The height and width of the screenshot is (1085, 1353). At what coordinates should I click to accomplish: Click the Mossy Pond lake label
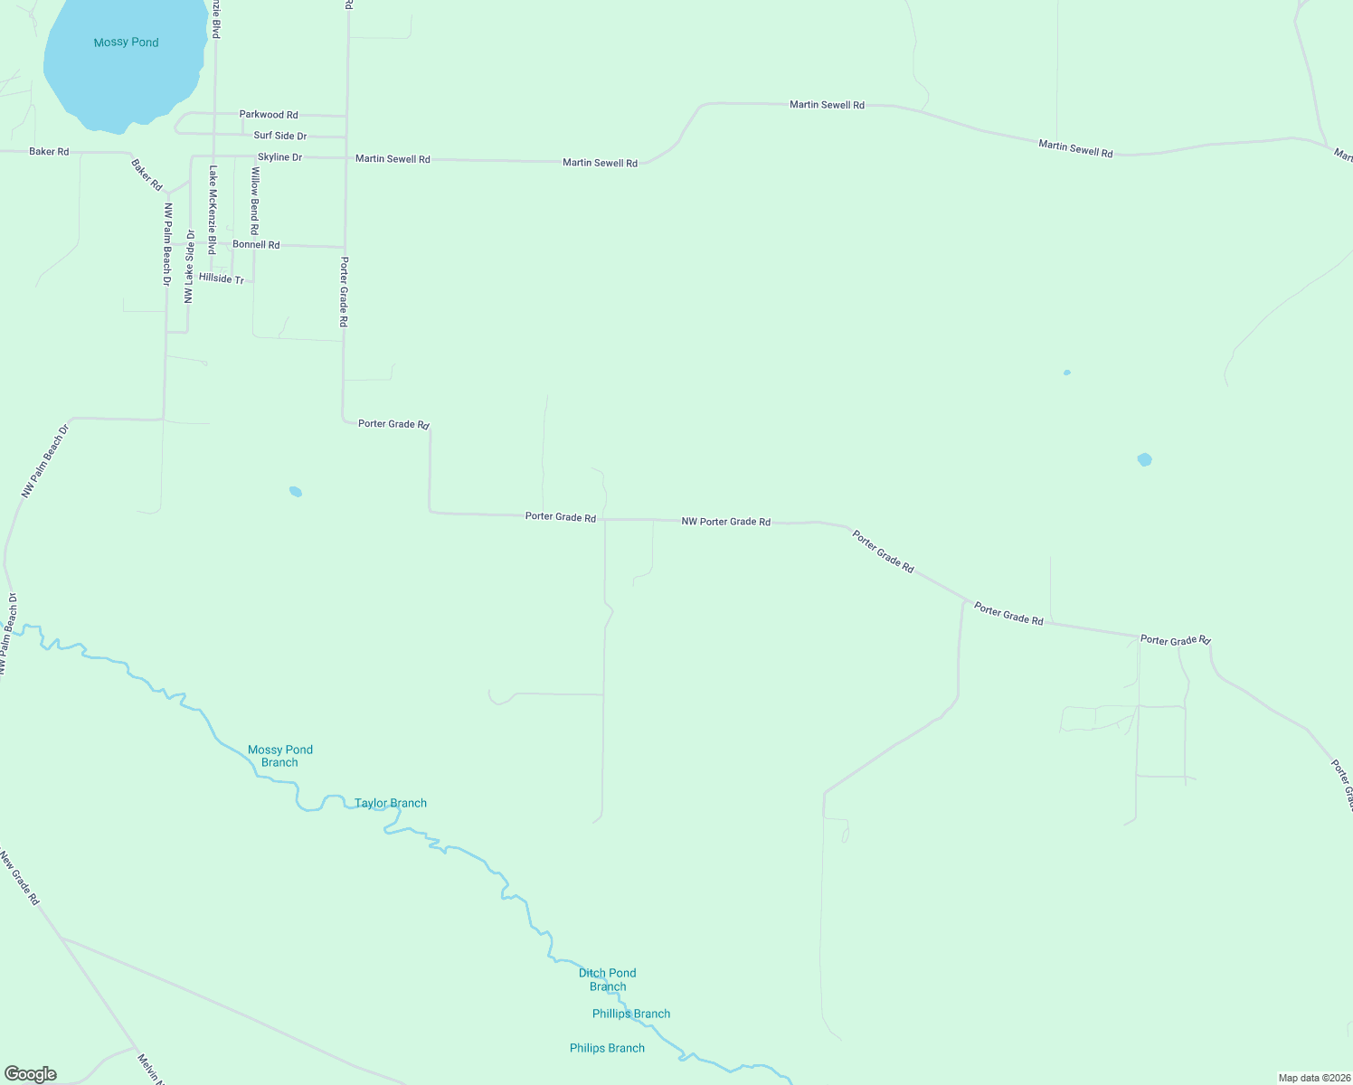[126, 42]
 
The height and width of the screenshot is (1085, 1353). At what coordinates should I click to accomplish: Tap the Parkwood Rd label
[269, 115]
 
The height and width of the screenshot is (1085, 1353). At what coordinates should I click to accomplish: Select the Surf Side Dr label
[279, 136]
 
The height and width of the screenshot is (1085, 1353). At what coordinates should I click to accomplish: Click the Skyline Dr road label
[279, 157]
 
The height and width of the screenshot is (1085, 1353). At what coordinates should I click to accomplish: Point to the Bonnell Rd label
[256, 245]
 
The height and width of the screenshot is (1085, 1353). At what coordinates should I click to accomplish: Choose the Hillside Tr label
[222, 279]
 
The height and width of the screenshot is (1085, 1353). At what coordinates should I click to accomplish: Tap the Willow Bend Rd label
[254, 200]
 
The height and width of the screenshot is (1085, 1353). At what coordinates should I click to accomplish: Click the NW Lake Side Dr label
[190, 267]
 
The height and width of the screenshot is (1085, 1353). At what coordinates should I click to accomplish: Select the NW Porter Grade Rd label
[725, 522]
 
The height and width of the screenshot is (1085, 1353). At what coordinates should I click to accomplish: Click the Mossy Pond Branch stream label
[280, 756]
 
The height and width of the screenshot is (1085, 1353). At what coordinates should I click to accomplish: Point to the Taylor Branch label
[391, 803]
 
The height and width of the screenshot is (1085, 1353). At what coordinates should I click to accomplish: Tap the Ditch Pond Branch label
[608, 980]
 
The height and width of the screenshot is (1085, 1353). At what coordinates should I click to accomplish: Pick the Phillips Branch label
[631, 1014]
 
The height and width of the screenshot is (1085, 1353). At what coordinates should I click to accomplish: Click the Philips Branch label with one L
[607, 1048]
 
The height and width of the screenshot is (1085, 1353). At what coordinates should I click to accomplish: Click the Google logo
[31, 1074]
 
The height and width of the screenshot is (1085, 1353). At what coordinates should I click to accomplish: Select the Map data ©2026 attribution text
[1313, 1078]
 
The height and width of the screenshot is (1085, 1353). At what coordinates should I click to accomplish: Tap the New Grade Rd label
[20, 878]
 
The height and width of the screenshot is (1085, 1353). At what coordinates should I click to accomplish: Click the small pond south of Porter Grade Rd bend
[295, 492]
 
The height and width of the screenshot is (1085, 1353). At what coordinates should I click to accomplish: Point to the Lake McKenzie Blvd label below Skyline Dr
[213, 209]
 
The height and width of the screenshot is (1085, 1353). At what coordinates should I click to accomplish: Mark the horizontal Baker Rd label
[49, 151]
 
